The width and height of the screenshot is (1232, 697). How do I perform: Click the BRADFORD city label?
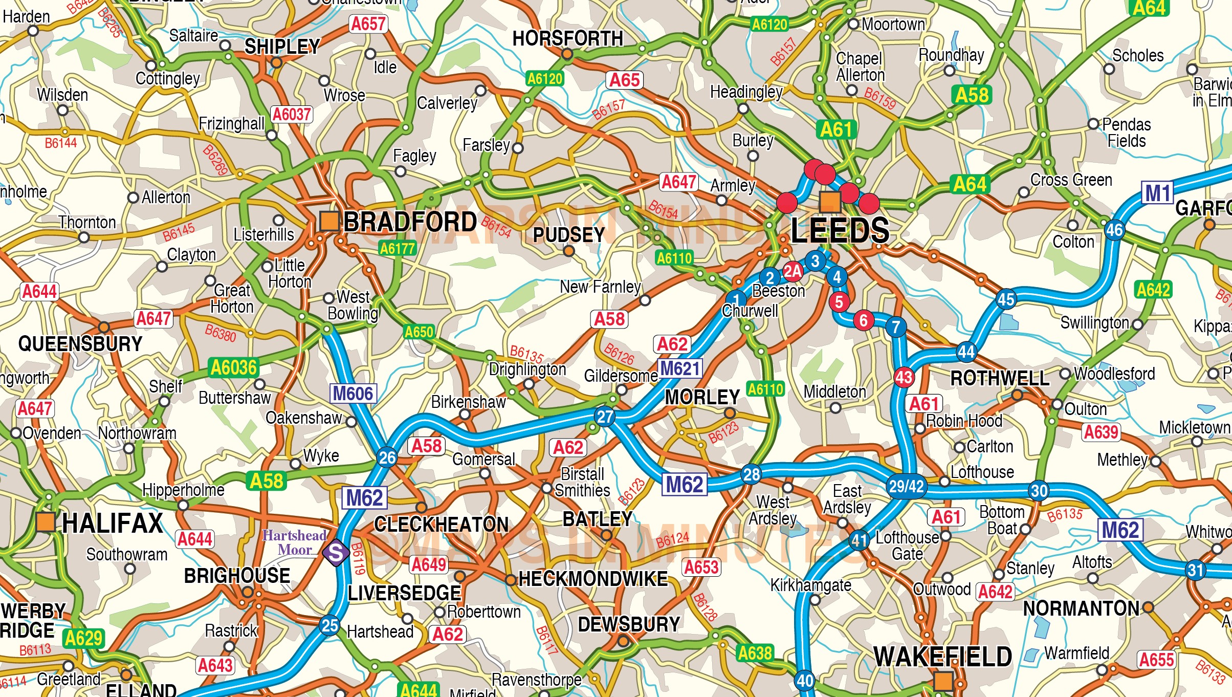point(410,222)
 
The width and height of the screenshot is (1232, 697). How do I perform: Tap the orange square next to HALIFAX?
point(46,522)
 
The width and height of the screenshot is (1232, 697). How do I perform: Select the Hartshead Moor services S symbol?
point(336,553)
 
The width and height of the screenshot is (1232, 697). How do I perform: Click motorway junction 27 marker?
point(605,417)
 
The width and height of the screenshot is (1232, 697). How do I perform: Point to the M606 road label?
point(353,394)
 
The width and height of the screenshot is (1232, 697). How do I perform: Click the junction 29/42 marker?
point(906,486)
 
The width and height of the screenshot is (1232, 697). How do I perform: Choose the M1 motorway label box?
point(1158,193)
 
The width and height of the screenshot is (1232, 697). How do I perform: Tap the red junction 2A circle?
point(793,271)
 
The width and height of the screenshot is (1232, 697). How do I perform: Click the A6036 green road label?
point(234,367)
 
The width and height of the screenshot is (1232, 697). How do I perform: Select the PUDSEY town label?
point(569,235)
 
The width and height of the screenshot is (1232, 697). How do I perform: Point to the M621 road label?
point(679,368)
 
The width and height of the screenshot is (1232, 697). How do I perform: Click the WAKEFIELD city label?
point(942,657)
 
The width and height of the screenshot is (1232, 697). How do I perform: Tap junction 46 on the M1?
point(1114,230)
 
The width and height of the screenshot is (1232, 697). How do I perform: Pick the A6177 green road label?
point(398,249)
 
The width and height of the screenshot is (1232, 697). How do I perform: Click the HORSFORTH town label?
point(568,38)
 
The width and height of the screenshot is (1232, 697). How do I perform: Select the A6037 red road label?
point(292,114)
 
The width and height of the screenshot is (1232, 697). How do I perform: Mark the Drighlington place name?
point(527,369)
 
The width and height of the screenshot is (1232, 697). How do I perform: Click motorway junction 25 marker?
point(329,625)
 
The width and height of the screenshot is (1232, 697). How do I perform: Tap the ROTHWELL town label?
point(1000,379)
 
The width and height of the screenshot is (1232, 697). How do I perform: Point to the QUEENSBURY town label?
point(80,343)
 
